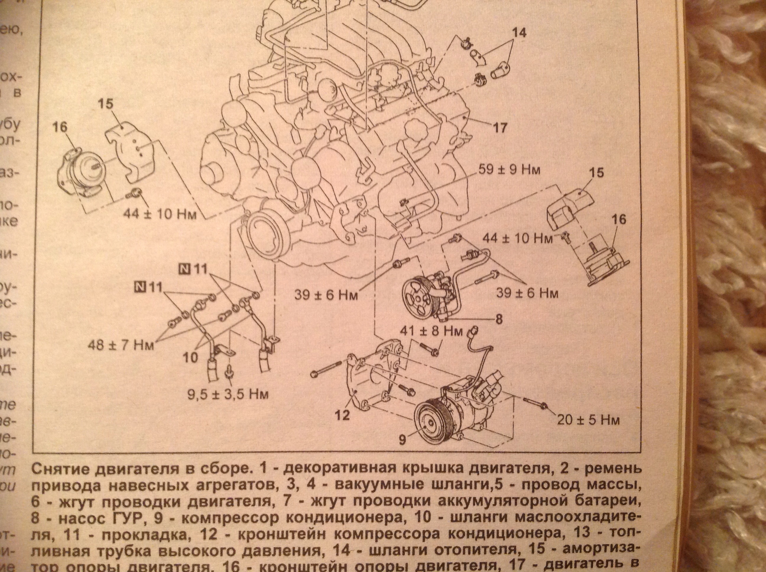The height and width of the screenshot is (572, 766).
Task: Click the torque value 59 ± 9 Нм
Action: coord(509,171)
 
